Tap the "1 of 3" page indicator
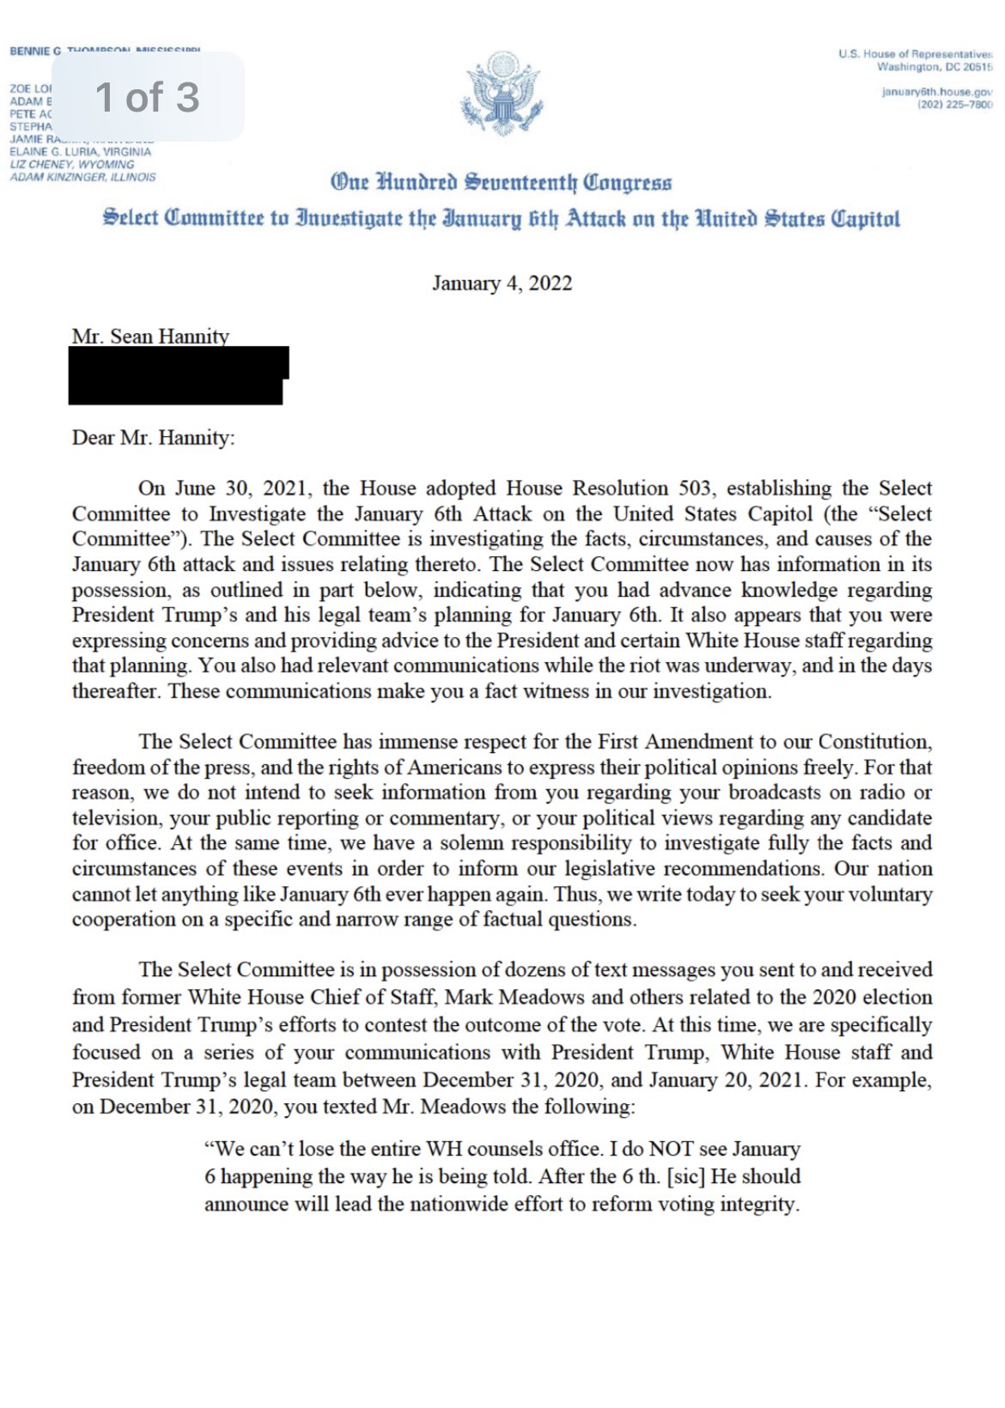[x=148, y=96]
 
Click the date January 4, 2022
[x=502, y=283]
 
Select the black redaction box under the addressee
[x=178, y=375]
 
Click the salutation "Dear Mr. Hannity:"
[x=153, y=438]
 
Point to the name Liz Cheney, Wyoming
[x=72, y=164]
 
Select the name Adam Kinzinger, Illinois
[x=82, y=177]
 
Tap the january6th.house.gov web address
[x=936, y=92]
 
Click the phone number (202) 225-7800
[x=954, y=105]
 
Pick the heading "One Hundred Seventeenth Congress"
[x=502, y=182]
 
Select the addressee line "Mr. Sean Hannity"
[x=150, y=336]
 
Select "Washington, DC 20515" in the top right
[x=934, y=67]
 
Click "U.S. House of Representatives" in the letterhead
[x=915, y=54]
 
